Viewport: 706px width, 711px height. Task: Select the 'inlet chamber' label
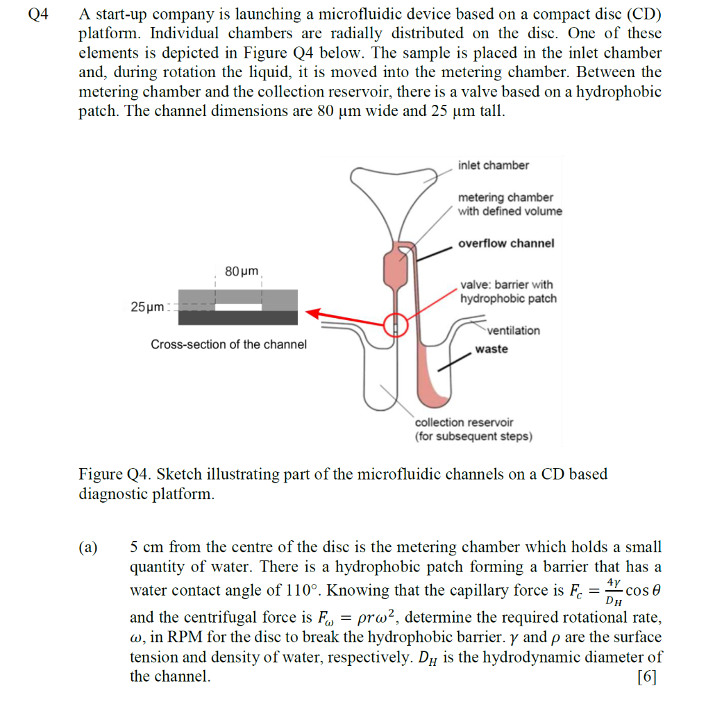[x=493, y=165]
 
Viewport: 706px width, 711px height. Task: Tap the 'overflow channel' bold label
[x=506, y=243]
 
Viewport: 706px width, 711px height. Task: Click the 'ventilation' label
[x=513, y=331]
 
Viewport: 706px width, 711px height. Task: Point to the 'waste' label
[x=491, y=349]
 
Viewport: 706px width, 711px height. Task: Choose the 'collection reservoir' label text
[x=464, y=422]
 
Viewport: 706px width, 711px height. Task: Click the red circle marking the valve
[x=396, y=324]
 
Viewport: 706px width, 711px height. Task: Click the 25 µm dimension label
[x=146, y=306]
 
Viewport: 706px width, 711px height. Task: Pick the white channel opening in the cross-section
[x=238, y=307]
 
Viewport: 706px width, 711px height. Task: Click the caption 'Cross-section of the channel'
[x=228, y=344]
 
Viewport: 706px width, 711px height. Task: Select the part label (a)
[x=88, y=547]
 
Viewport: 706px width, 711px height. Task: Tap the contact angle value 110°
[x=302, y=591]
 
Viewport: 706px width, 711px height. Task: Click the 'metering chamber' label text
[x=505, y=198]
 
